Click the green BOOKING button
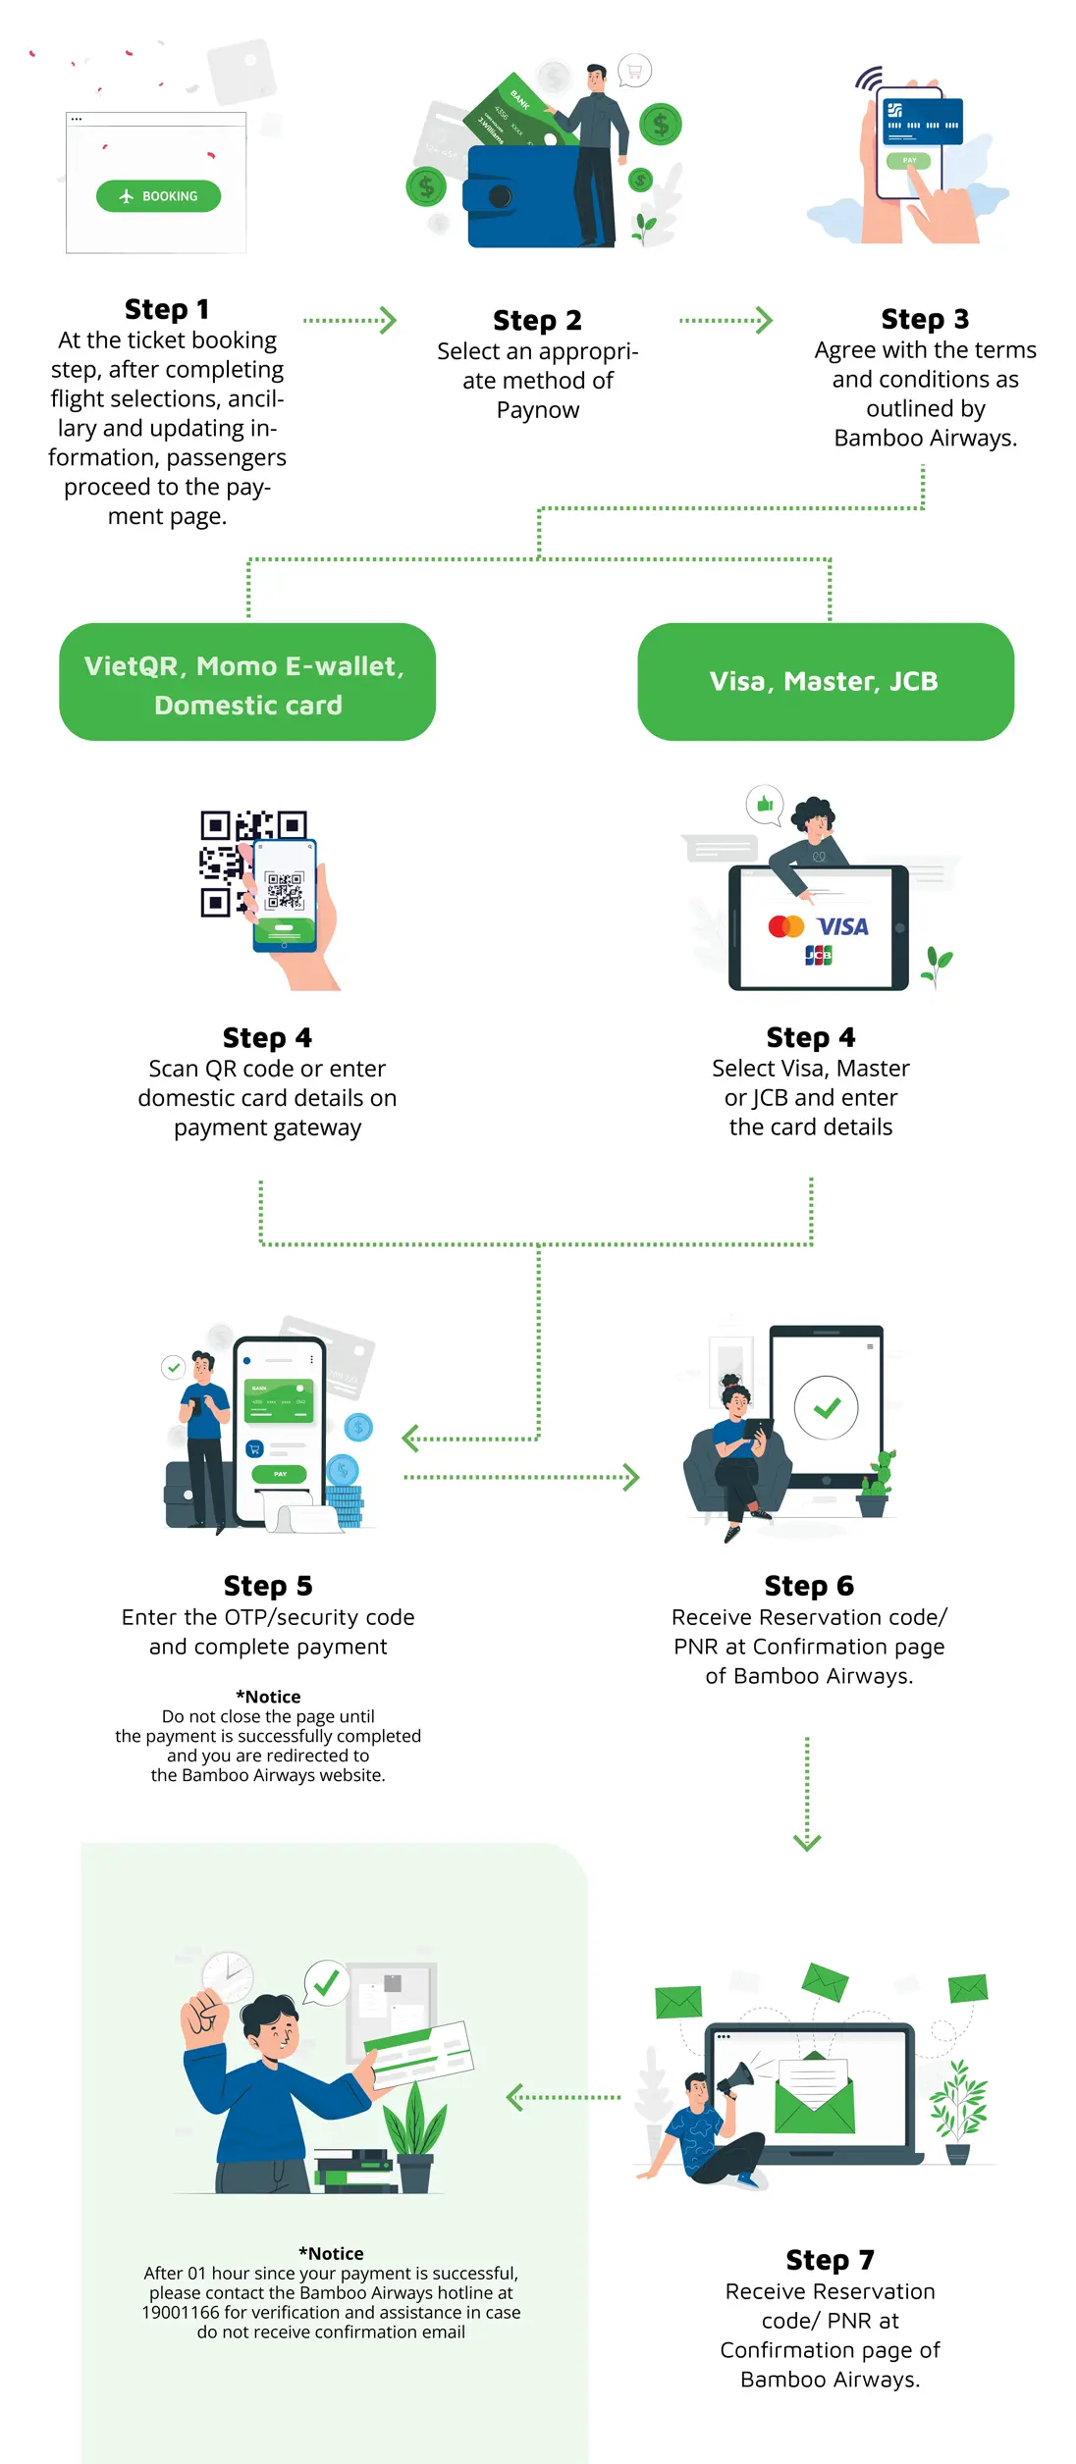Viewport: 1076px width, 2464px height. tap(158, 196)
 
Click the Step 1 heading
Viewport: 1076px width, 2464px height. tap(167, 309)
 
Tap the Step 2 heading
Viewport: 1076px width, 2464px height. tap(537, 321)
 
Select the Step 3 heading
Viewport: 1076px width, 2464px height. tap(925, 319)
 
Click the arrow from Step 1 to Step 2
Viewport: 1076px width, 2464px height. tap(350, 321)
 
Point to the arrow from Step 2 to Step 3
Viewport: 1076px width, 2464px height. tap(726, 321)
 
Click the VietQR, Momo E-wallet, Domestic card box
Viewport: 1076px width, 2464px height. tap(246, 683)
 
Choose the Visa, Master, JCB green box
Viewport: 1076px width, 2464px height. tap(825, 682)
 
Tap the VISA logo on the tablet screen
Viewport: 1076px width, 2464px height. tap(842, 927)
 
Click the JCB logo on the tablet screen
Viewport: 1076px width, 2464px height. tap(818, 955)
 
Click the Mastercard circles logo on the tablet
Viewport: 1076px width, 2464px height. tap(785, 926)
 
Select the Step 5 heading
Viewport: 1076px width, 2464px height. tap(268, 1587)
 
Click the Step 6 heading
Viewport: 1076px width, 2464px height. tap(809, 1587)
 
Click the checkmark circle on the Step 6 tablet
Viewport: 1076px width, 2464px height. tap(826, 1408)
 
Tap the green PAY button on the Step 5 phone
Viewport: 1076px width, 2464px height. tap(280, 1474)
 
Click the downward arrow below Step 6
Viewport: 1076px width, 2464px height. tap(807, 1796)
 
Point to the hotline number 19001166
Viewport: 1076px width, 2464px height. tap(181, 2313)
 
